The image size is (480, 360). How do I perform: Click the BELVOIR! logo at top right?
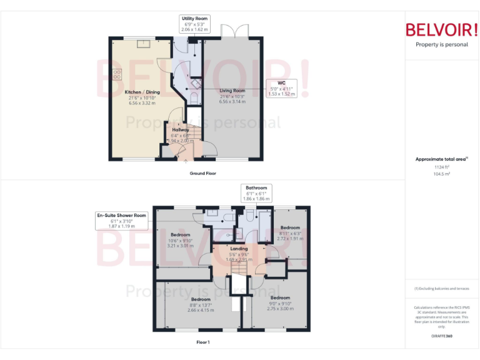coord(442,30)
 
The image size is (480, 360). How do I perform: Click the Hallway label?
coord(181,130)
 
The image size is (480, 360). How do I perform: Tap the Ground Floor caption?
coord(203,173)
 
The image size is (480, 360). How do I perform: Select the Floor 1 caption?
coord(203,342)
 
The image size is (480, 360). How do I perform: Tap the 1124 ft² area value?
coord(442,167)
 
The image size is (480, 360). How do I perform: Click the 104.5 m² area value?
coord(442,174)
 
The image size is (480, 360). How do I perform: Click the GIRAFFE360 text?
coord(442,336)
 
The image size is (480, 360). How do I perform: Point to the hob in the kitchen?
coord(117,74)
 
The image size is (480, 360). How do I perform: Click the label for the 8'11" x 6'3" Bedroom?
coord(290,227)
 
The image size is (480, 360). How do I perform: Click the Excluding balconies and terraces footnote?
coord(442,288)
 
